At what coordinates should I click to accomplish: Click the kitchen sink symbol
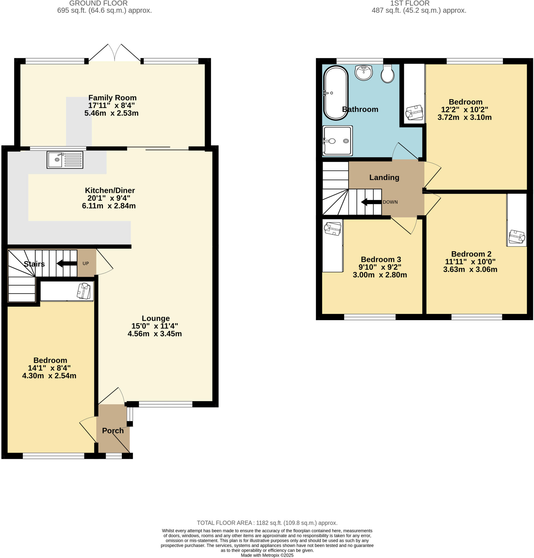[65, 160]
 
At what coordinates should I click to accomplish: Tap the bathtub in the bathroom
[336, 93]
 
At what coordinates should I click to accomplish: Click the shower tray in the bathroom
[337, 141]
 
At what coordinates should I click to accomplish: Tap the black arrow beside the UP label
[67, 263]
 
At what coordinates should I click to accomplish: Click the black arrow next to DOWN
[371, 202]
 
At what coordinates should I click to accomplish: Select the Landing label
[384, 177]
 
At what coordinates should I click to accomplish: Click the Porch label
[113, 430]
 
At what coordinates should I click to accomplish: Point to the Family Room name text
[112, 98]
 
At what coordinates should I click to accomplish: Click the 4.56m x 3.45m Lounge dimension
[155, 333]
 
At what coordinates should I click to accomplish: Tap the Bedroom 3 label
[381, 259]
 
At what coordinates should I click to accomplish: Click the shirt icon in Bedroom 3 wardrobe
[333, 229]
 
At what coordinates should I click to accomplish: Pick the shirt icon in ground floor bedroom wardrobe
[84, 290]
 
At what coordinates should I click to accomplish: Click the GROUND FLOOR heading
[98, 4]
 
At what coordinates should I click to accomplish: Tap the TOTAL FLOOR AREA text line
[267, 523]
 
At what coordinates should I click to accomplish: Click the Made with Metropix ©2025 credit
[267, 555]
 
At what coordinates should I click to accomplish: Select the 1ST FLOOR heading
[410, 4]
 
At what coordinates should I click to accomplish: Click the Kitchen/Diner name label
[110, 190]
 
